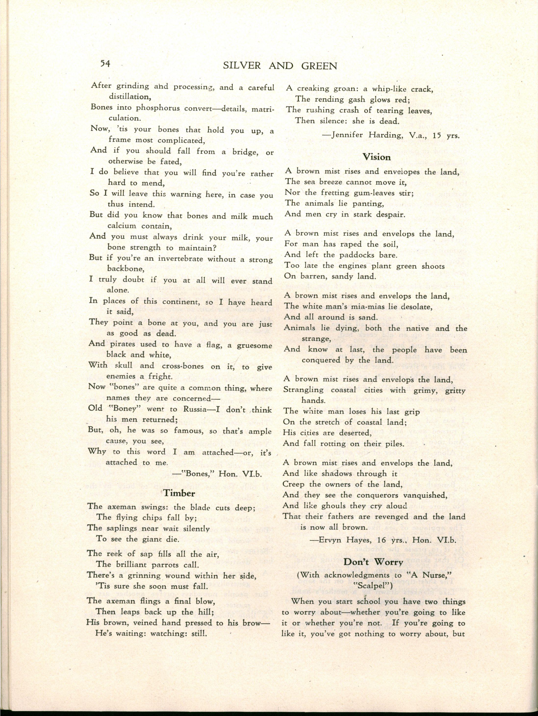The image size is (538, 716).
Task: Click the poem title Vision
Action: pyautogui.click(x=376, y=157)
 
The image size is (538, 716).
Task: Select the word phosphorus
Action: pyautogui.click(x=158, y=108)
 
